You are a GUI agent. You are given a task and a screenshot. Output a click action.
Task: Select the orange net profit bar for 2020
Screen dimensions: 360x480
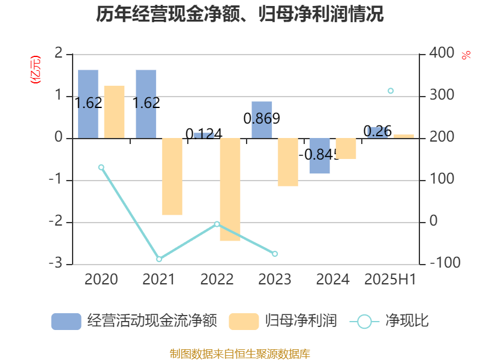[x=114, y=112]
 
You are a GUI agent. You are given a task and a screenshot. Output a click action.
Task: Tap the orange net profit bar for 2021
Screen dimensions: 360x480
[x=172, y=176]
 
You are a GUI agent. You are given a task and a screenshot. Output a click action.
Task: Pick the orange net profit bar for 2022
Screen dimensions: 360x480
[x=230, y=190]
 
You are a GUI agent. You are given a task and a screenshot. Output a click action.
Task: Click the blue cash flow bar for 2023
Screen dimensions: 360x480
[x=262, y=119]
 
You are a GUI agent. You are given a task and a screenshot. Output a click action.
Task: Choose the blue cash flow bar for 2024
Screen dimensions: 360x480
[x=320, y=156]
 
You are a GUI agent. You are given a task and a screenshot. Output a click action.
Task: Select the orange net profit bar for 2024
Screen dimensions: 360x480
[x=346, y=148]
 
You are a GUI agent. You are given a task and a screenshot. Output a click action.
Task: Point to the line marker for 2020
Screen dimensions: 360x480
[x=101, y=167]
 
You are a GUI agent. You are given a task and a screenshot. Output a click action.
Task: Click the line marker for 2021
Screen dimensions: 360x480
[x=159, y=259]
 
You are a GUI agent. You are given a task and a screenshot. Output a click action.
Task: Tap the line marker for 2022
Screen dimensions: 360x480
[x=217, y=224]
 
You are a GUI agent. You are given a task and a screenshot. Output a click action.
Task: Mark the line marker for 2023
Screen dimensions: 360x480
[x=275, y=254]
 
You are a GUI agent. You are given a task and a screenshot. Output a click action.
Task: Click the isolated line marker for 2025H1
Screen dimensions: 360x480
[x=391, y=91]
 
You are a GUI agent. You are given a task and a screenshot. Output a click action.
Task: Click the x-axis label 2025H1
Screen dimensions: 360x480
[x=390, y=279]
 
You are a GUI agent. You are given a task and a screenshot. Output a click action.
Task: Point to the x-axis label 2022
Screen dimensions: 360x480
[x=217, y=279]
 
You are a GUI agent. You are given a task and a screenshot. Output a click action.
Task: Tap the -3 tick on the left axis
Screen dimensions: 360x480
[x=58, y=264]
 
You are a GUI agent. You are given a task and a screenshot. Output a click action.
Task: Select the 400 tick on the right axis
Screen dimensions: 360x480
[x=442, y=53]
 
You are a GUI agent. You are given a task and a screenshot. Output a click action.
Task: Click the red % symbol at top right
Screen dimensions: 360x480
[x=466, y=55]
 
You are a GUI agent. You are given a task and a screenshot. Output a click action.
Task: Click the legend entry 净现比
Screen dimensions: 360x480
[x=406, y=321]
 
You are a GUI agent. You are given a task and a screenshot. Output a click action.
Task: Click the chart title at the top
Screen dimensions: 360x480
[x=240, y=14]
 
